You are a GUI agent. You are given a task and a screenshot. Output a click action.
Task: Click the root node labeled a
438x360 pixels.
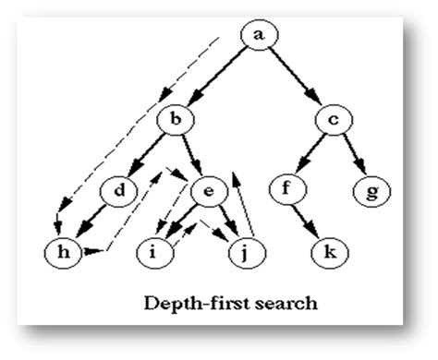(x=259, y=36)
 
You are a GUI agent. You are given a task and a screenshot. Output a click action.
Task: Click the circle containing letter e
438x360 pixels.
(x=209, y=191)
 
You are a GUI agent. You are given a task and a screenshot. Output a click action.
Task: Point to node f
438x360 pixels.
(x=286, y=191)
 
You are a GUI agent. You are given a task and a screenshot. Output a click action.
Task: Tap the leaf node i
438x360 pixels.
(x=152, y=250)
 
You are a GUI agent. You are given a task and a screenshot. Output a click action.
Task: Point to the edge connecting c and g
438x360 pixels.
(x=350, y=155)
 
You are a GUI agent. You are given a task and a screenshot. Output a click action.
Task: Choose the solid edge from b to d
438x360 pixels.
(x=151, y=155)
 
